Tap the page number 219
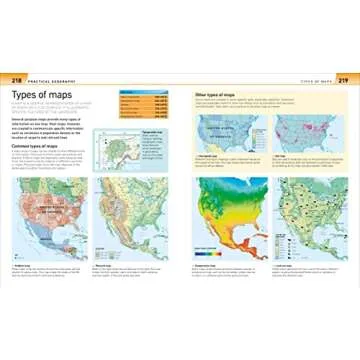pyautogui.click(x=342, y=79)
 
